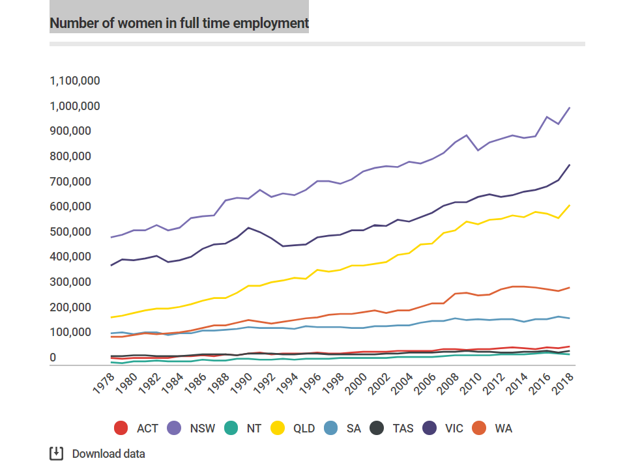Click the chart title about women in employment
coord(179,23)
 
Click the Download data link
coord(108,454)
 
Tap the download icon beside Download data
coord(57,453)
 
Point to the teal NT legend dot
coord(230,428)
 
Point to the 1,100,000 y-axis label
coord(75,81)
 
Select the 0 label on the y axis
coord(54,358)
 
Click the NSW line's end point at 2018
coord(570,107)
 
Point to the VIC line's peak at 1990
coord(248,227)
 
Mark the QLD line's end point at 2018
coord(570,205)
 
